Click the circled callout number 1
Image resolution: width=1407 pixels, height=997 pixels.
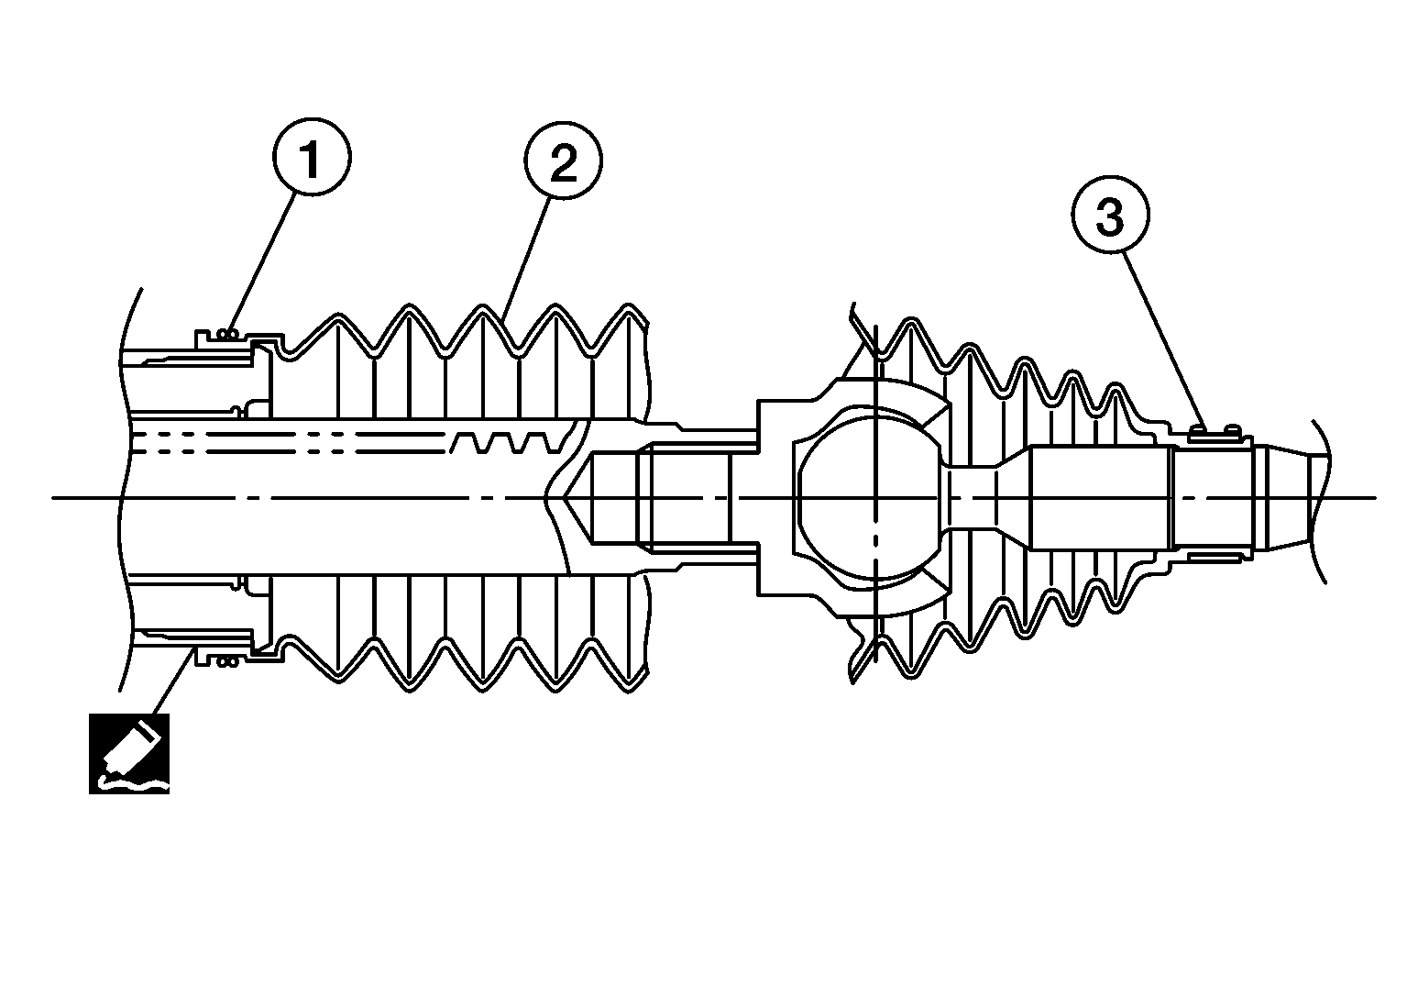(312, 161)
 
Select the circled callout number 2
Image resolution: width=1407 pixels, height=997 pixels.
(563, 162)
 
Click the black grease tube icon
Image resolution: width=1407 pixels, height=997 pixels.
(129, 753)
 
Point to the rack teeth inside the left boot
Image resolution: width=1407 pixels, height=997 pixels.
(504, 442)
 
